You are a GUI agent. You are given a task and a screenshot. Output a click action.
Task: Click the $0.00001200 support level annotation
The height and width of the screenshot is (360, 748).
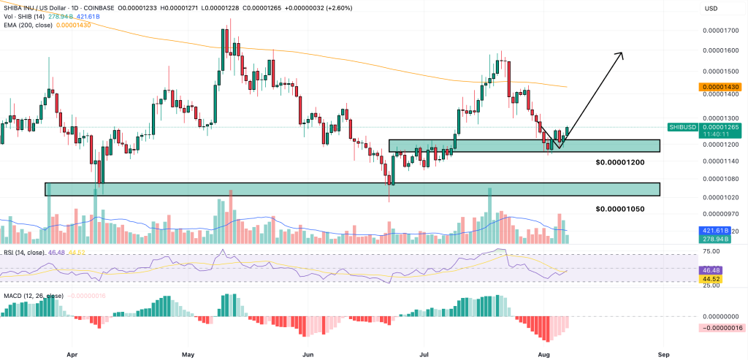[x=619, y=162]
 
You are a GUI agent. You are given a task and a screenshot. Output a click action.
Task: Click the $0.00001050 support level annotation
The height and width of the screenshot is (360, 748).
[x=619, y=209]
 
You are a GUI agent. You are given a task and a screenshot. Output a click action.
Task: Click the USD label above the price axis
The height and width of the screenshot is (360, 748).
[x=711, y=9]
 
